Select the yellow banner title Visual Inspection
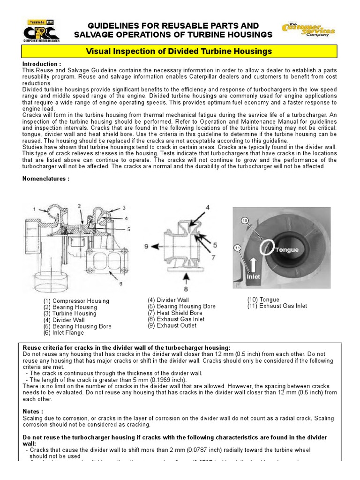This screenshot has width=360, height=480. [180, 51]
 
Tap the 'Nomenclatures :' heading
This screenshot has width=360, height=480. [46, 179]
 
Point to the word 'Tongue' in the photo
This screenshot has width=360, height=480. [287, 249]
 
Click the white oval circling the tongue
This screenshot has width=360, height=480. [268, 247]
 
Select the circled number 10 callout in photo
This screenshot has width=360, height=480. [245, 220]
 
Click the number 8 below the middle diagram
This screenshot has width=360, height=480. [187, 289]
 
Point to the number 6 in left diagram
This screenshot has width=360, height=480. [121, 283]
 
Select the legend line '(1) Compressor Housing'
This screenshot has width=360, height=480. [76, 301]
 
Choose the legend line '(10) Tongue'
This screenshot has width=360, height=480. [263, 300]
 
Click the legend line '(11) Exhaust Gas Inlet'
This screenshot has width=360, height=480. [277, 306]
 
